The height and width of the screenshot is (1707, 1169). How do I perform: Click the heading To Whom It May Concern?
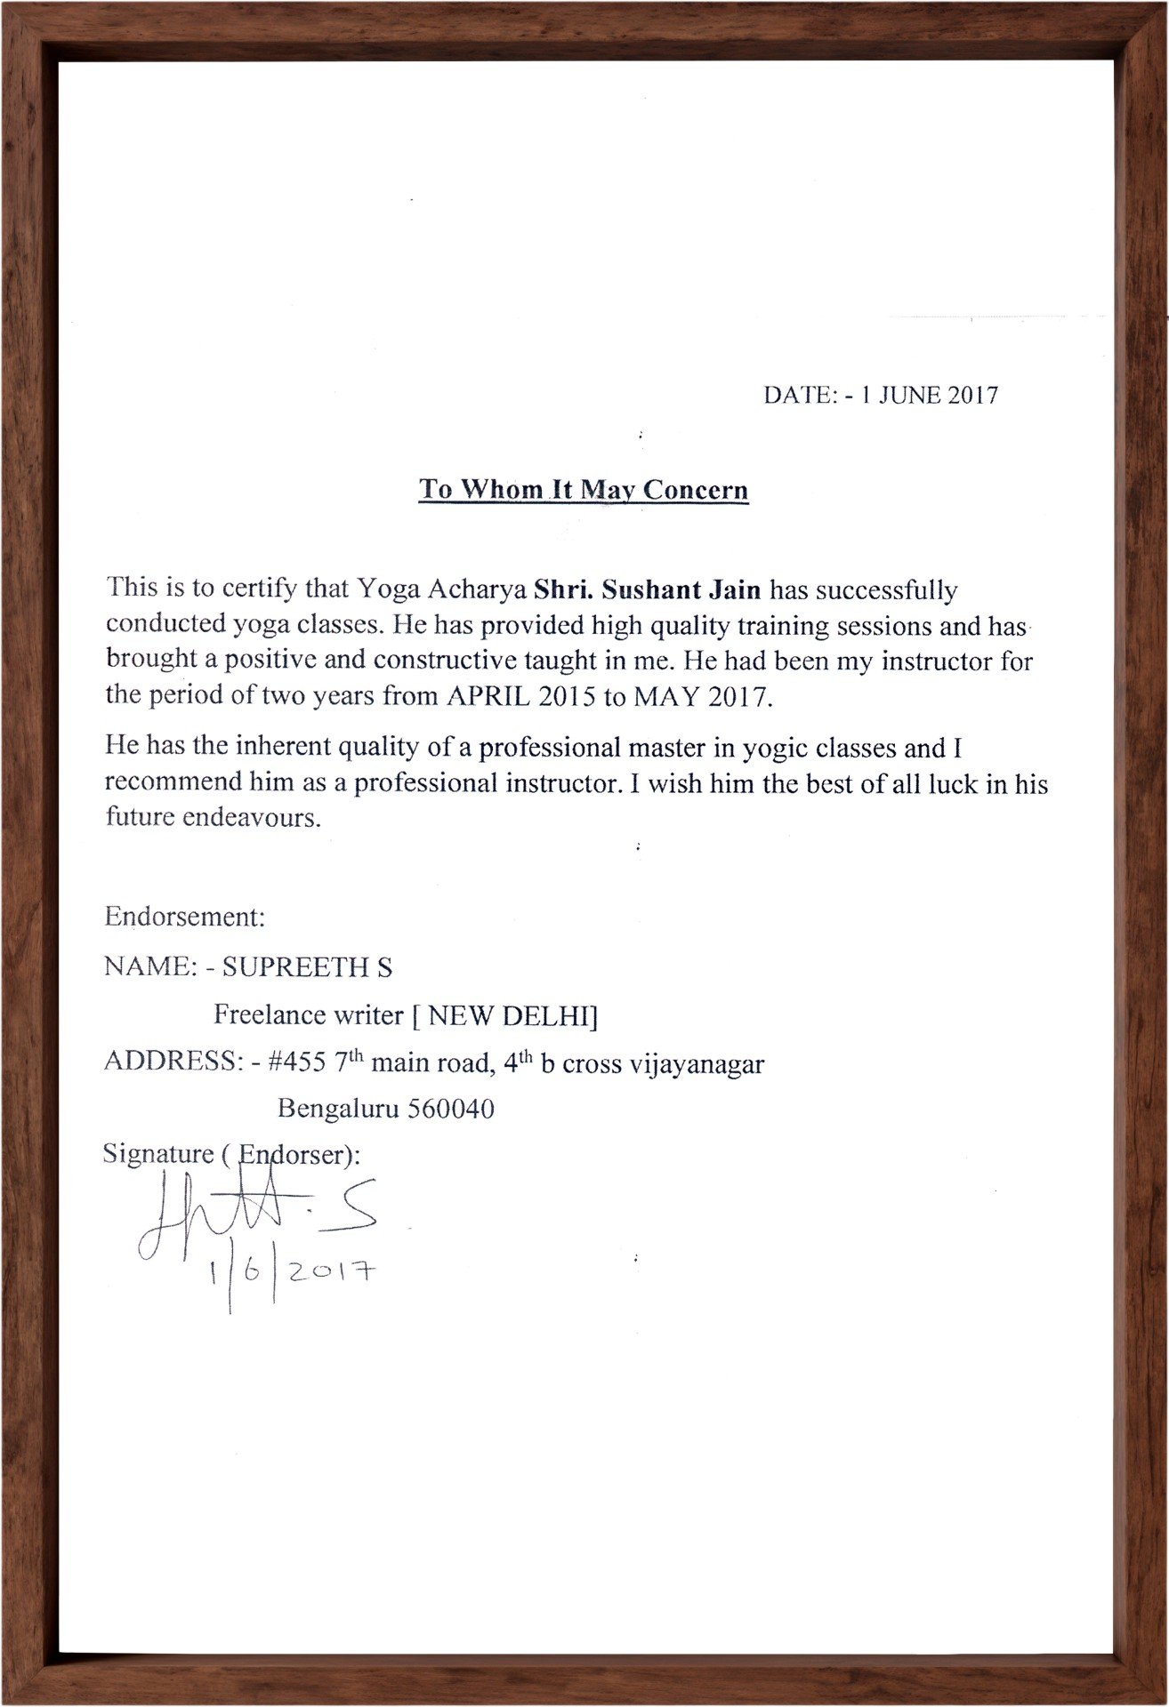(584, 490)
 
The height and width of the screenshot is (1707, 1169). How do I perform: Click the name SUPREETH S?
(307, 967)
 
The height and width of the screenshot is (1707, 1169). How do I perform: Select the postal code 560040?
(450, 1109)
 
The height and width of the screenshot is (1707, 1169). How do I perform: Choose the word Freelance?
(263, 1014)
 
